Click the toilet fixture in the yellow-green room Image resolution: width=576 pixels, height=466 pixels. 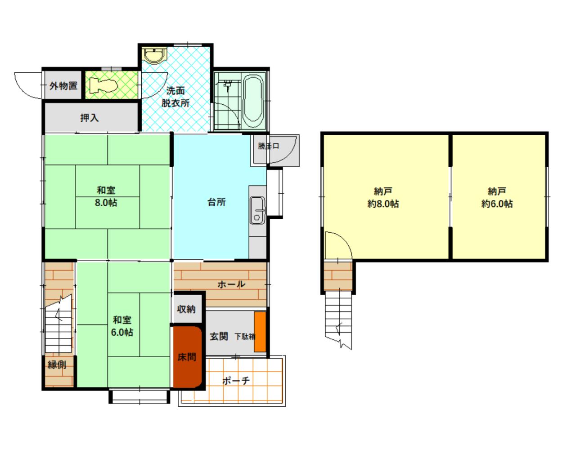point(103,85)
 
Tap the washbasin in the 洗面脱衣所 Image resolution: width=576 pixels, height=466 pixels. point(154,56)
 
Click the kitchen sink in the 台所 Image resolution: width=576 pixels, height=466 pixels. point(257,210)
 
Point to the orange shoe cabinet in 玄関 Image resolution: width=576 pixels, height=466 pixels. point(260,332)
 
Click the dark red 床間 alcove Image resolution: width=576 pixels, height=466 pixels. point(187,357)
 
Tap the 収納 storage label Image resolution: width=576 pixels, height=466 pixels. point(186,309)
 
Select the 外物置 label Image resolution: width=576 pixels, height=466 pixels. point(63,86)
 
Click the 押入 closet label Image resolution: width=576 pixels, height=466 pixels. point(90,118)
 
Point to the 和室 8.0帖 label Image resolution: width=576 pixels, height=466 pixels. point(106,196)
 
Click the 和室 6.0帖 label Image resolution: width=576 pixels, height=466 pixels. point(122,326)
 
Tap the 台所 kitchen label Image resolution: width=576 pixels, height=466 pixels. point(216,202)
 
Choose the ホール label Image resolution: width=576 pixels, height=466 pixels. point(231,284)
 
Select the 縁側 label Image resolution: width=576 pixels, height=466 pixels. point(57,365)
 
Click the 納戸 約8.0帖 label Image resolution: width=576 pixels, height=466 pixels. point(383,198)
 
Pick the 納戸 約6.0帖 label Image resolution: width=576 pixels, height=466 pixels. point(497,198)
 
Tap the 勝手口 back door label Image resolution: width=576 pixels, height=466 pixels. point(268,146)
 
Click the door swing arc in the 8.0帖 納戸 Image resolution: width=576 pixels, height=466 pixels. point(345,239)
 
